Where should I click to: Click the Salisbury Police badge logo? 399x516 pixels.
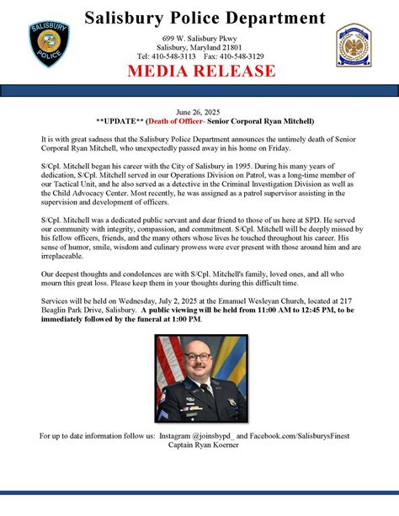tap(48, 45)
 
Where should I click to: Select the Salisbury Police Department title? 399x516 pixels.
tap(205, 18)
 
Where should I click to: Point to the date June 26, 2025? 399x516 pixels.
tap(199, 112)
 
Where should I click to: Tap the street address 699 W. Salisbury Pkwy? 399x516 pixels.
tap(199, 39)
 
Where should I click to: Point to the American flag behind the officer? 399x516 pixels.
tap(167, 370)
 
